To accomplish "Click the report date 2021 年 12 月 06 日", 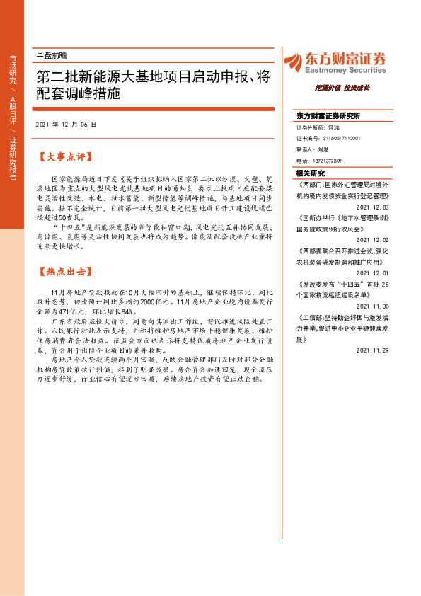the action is point(66,124).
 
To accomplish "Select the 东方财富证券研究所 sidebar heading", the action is point(328,115).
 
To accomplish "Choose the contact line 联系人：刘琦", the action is point(313,150).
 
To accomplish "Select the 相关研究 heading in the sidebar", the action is point(311,173).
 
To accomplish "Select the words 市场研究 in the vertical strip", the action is point(13,69).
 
